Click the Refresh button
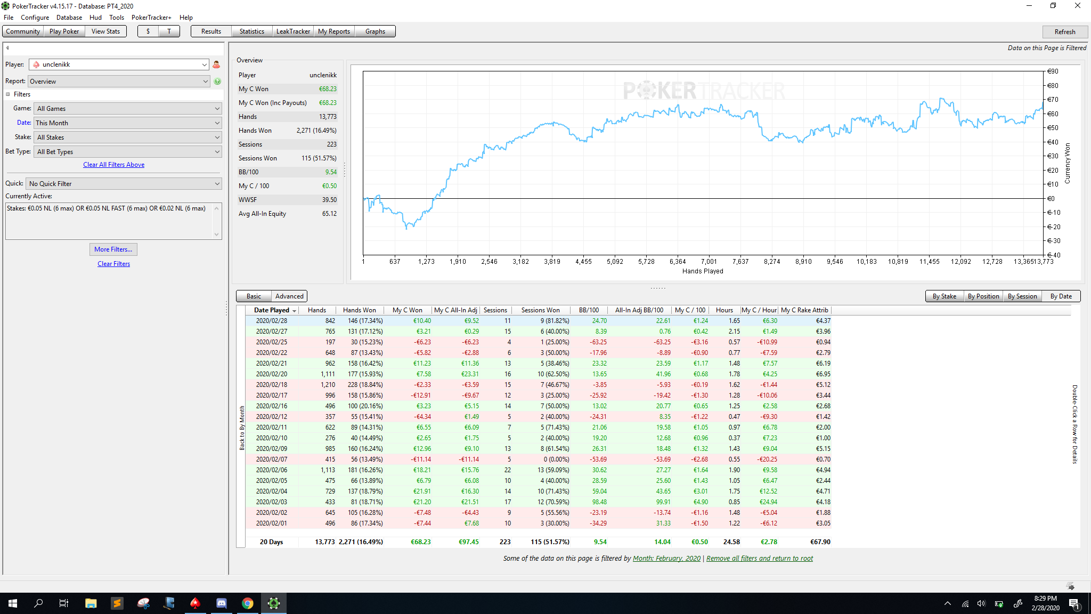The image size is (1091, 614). [1064, 31]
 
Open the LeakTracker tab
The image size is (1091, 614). [293, 31]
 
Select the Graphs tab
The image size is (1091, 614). [375, 31]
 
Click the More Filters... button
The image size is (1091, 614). [113, 249]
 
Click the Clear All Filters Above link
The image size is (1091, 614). [113, 165]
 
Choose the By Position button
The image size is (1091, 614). [983, 296]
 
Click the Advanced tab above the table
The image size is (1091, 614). [289, 296]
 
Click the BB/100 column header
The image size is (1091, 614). [589, 310]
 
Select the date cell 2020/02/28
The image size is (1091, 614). [271, 321]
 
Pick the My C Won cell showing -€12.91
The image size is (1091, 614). [421, 395]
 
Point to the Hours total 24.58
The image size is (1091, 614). [731, 542]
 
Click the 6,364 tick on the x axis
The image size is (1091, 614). [678, 262]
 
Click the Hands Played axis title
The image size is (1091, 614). [703, 271]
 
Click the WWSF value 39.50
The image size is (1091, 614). [329, 200]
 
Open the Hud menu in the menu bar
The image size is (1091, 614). [95, 18]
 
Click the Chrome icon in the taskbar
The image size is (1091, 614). [248, 603]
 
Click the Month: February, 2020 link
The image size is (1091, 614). [666, 559]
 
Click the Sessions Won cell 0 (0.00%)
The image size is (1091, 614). [556, 459]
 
